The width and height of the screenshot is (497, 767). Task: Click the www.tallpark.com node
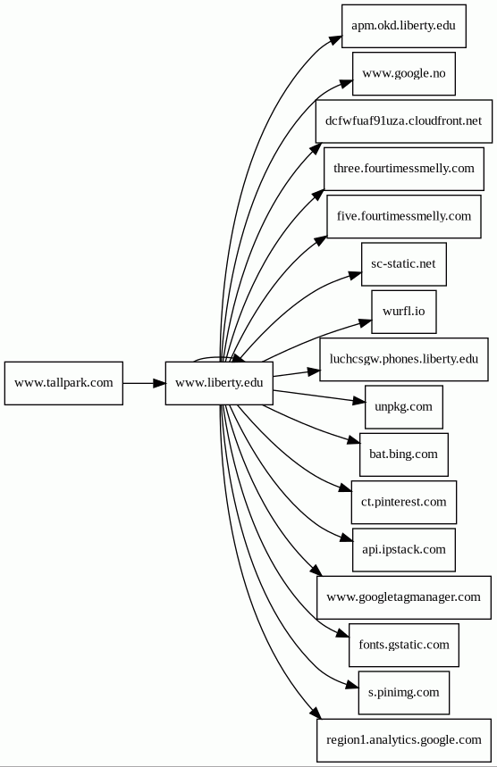pos(63,383)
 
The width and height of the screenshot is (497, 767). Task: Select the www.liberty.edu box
pos(219,383)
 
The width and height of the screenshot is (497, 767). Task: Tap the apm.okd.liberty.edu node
pos(403,26)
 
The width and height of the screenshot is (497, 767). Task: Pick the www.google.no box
pos(403,73)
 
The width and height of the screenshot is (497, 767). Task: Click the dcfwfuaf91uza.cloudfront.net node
pos(403,121)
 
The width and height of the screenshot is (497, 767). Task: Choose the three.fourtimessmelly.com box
pos(403,169)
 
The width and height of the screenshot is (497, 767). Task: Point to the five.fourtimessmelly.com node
pos(403,217)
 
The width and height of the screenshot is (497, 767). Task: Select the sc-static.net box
pos(403,264)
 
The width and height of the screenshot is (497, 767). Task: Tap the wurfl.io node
pos(403,312)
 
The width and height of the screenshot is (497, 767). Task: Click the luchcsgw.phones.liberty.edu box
pos(403,359)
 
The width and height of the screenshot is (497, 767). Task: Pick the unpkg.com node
pos(403,407)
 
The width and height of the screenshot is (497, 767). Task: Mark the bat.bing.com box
pos(403,454)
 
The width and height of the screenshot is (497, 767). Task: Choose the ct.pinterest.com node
pos(403,503)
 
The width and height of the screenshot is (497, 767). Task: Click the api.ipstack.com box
pos(403,550)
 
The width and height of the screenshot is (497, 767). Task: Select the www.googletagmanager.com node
pos(403,597)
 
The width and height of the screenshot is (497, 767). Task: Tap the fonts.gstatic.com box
pos(403,645)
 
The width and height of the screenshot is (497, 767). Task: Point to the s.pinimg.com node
pos(403,693)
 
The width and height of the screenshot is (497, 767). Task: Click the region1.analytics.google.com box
pos(403,740)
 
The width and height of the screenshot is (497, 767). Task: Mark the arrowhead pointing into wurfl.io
pos(366,323)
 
